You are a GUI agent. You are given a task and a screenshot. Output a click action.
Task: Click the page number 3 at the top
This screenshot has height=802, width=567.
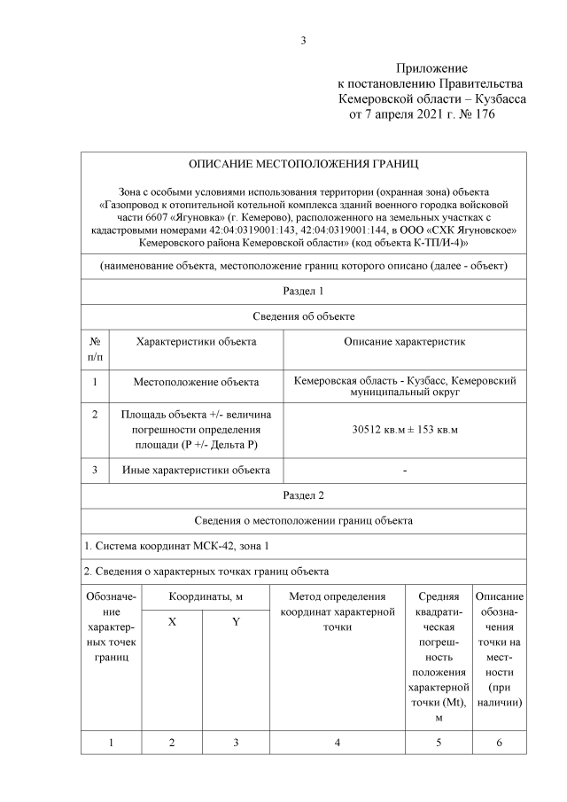(x=303, y=40)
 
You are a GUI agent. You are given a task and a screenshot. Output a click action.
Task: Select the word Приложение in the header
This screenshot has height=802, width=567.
(x=431, y=68)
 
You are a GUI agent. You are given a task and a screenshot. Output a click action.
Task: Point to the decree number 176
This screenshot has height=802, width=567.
(x=484, y=114)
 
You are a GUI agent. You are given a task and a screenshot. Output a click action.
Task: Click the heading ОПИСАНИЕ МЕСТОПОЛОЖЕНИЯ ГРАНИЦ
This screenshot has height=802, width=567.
(x=304, y=165)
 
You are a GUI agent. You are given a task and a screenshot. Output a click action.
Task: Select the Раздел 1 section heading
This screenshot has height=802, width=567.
(x=303, y=291)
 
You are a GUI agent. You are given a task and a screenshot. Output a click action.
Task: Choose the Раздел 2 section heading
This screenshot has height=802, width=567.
(x=303, y=495)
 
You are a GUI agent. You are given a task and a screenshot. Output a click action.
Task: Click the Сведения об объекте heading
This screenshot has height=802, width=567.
(x=303, y=315)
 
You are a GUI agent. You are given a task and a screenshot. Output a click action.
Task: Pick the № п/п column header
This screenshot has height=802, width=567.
(x=95, y=347)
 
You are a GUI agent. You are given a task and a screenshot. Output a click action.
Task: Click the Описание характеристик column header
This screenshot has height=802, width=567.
(x=404, y=340)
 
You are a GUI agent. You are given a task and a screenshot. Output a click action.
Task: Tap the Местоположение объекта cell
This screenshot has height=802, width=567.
(x=196, y=382)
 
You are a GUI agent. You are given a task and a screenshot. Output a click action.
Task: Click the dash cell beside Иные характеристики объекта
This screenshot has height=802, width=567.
(x=405, y=470)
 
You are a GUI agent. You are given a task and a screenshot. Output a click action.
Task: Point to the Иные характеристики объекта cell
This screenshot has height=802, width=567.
(x=196, y=470)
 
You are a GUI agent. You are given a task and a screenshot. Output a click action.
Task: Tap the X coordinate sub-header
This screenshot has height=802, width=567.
(x=172, y=622)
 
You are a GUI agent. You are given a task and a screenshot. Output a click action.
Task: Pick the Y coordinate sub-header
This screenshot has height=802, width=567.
(x=236, y=622)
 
